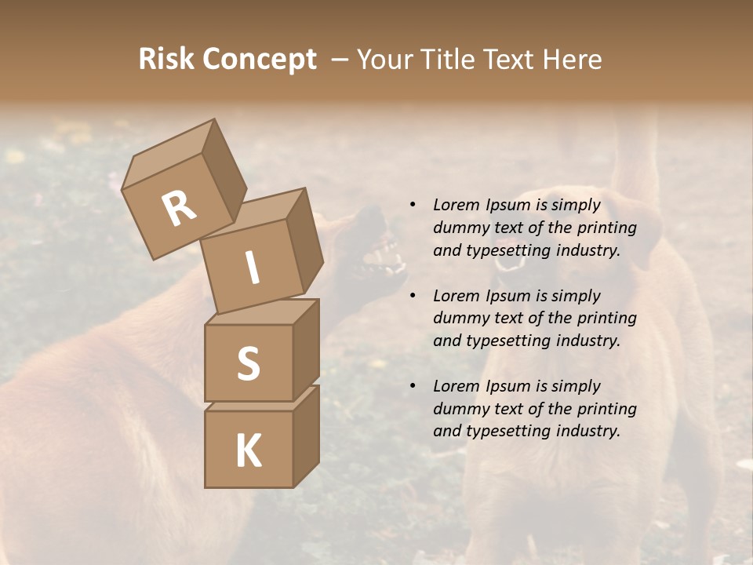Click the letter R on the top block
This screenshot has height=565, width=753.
click(179, 210)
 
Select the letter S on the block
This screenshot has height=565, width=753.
click(248, 363)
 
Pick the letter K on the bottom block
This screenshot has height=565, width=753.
click(248, 450)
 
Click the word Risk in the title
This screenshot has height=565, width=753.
click(166, 60)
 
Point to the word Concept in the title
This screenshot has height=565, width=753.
click(259, 60)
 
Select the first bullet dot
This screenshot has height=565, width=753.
click(413, 206)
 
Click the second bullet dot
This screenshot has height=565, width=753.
click(413, 297)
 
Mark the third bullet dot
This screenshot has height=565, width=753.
click(413, 387)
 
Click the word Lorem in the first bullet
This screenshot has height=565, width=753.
click(457, 206)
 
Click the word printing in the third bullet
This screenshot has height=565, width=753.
click(606, 409)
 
